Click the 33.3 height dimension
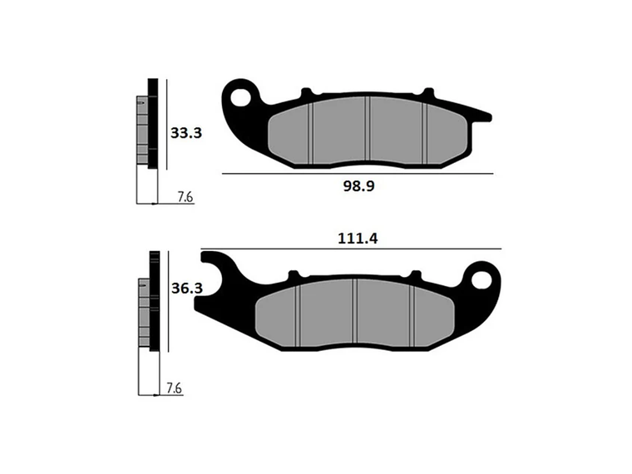(187, 132)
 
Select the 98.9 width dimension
(359, 186)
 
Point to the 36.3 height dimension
(187, 289)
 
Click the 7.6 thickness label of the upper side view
(185, 197)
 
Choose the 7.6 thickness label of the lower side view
(174, 388)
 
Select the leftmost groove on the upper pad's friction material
(309, 132)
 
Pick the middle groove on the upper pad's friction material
(368, 133)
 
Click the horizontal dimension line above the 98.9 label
(358, 173)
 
